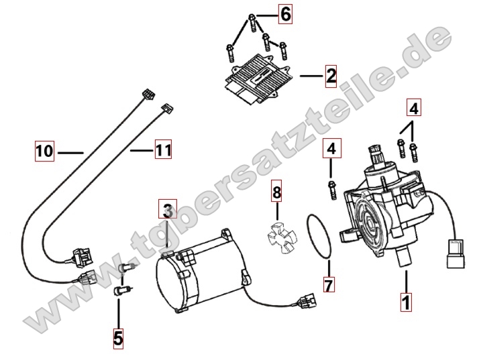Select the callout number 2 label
[x=330, y=76]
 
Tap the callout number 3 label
[x=168, y=211]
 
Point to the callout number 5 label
[x=118, y=339]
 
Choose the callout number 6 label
[x=286, y=14]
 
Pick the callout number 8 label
[x=276, y=194]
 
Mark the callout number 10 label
[x=45, y=152]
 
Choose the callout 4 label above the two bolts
[x=413, y=107]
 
